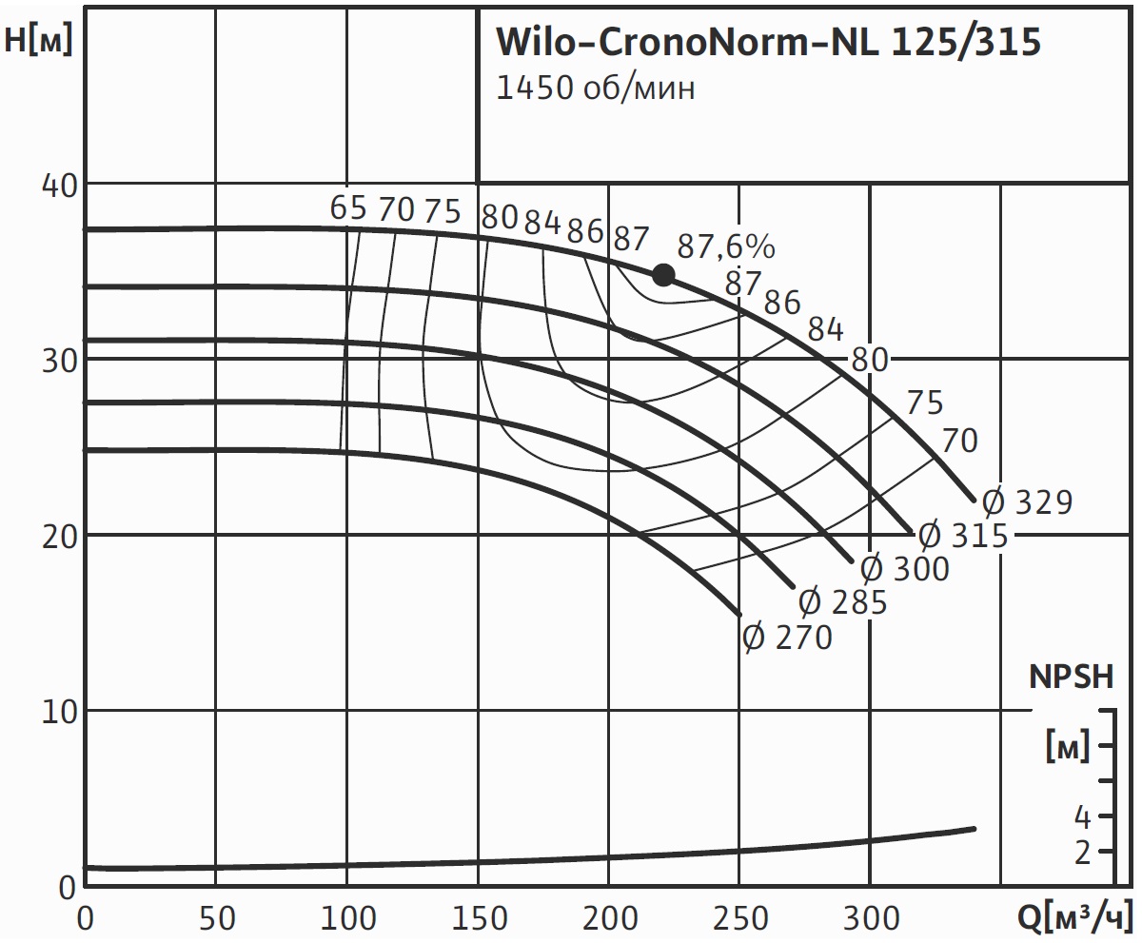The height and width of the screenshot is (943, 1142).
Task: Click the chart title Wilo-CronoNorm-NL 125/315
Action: (768, 42)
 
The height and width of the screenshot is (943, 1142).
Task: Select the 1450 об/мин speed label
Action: (596, 88)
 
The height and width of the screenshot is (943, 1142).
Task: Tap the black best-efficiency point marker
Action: (663, 275)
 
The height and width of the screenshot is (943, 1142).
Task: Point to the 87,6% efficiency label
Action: (726, 246)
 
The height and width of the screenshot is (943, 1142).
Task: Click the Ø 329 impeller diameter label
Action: (1027, 501)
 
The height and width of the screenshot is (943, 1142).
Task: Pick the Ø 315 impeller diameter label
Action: (962, 535)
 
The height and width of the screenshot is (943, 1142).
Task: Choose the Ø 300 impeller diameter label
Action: (904, 569)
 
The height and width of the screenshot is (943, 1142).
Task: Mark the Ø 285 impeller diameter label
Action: (842, 602)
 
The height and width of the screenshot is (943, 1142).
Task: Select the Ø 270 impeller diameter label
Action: (787, 637)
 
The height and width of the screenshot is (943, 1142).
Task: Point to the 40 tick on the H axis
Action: (58, 184)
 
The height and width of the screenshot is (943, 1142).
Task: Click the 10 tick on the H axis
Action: (58, 711)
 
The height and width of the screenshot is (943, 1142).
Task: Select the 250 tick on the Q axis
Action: (739, 919)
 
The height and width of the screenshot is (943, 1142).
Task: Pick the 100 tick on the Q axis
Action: (346, 919)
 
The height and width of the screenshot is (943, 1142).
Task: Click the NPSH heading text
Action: (1071, 677)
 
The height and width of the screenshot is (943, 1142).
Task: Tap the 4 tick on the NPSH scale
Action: (1081, 816)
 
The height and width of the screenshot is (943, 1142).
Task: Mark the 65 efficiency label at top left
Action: (348, 208)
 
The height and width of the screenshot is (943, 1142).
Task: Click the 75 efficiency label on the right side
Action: (924, 403)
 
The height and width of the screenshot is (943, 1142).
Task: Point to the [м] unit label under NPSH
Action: (1067, 748)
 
